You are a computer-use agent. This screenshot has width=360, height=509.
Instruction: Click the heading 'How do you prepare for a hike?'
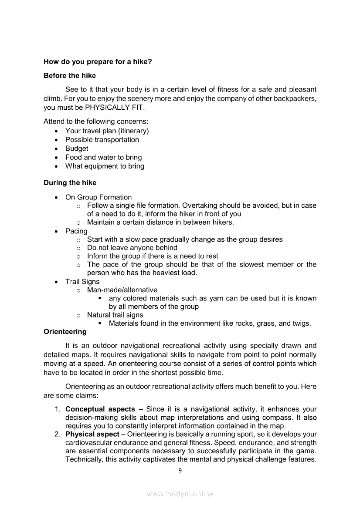(x=98, y=62)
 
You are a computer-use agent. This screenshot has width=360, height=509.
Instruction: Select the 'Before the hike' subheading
(x=70, y=76)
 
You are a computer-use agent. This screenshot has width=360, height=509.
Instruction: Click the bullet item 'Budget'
(x=77, y=148)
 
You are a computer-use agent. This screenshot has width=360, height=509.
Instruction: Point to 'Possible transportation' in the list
(x=102, y=140)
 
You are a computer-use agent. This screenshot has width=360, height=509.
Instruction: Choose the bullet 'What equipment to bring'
(x=105, y=166)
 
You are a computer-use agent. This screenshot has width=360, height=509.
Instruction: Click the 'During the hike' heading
(x=70, y=183)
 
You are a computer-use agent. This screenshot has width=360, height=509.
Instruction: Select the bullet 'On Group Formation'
(x=98, y=197)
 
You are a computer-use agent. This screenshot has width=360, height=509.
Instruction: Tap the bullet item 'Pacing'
(x=76, y=231)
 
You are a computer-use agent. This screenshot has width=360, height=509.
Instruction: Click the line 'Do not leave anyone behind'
(x=132, y=248)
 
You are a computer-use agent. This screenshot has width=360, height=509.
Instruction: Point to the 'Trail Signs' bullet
(x=82, y=282)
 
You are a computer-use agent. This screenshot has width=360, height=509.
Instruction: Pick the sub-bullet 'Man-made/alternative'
(x=122, y=290)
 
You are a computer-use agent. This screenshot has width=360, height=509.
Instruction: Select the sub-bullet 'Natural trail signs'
(x=115, y=315)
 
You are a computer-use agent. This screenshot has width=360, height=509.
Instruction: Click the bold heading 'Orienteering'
(x=65, y=332)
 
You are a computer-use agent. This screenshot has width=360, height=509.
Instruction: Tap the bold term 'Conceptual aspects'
(x=100, y=409)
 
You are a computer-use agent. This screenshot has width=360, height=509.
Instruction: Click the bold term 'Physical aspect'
(x=92, y=435)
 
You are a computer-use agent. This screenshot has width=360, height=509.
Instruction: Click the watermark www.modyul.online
(x=180, y=494)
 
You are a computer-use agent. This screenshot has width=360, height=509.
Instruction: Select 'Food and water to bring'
(x=103, y=158)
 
